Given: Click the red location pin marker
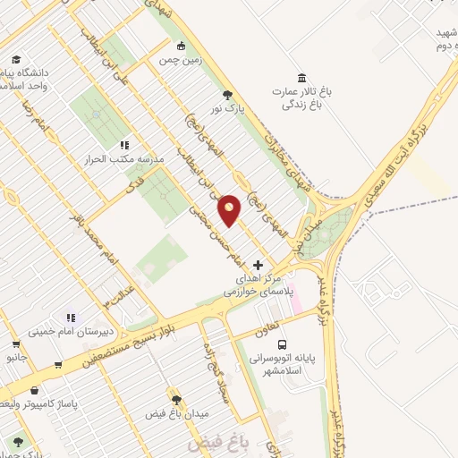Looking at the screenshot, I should pyautogui.click(x=230, y=209).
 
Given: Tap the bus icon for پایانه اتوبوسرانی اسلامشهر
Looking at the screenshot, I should pyautogui.click(x=283, y=344).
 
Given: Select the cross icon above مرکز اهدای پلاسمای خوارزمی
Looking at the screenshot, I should pyautogui.click(x=259, y=265).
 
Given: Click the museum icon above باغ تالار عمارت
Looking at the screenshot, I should pyautogui.click(x=300, y=77).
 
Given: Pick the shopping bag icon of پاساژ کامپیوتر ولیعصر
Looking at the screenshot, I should pyautogui.click(x=34, y=391).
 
